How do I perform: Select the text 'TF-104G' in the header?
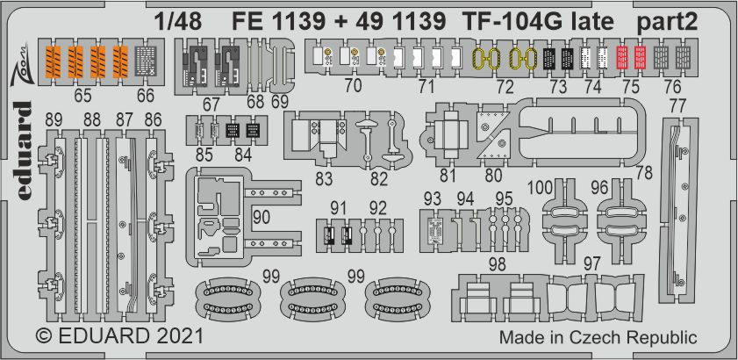(x=497, y=23)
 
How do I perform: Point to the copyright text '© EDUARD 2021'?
(x=120, y=336)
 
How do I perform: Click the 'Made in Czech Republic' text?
(x=598, y=337)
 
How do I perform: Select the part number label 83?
(x=323, y=178)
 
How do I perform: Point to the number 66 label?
(x=145, y=96)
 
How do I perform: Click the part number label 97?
(x=592, y=262)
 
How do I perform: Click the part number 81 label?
(x=448, y=174)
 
